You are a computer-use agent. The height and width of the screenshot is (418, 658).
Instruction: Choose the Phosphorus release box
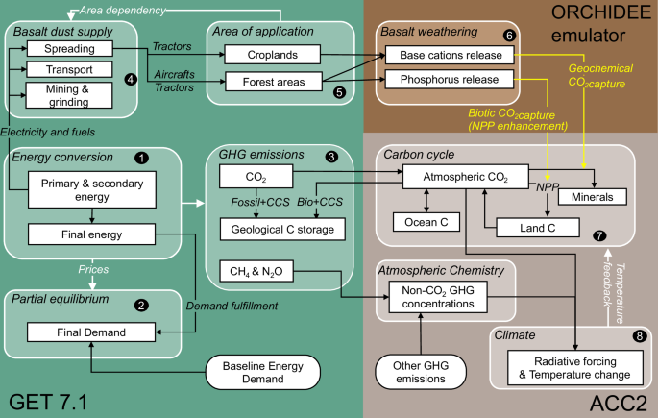pos(450,81)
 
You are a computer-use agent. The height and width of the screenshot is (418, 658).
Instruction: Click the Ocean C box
pos(424,222)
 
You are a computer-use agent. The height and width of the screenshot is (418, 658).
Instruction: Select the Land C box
pos(537,227)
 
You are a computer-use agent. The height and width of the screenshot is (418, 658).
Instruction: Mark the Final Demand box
pos(89,332)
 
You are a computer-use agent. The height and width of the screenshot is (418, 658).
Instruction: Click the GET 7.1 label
pos(48,400)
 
